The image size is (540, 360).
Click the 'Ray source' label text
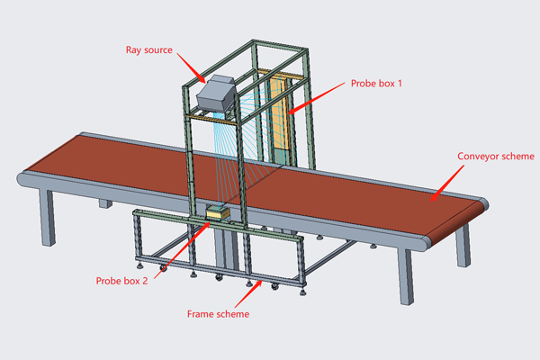151,49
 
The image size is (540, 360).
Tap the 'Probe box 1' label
377,83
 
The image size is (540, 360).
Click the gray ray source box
216,94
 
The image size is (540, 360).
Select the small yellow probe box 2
218,214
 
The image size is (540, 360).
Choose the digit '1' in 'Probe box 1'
400,83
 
